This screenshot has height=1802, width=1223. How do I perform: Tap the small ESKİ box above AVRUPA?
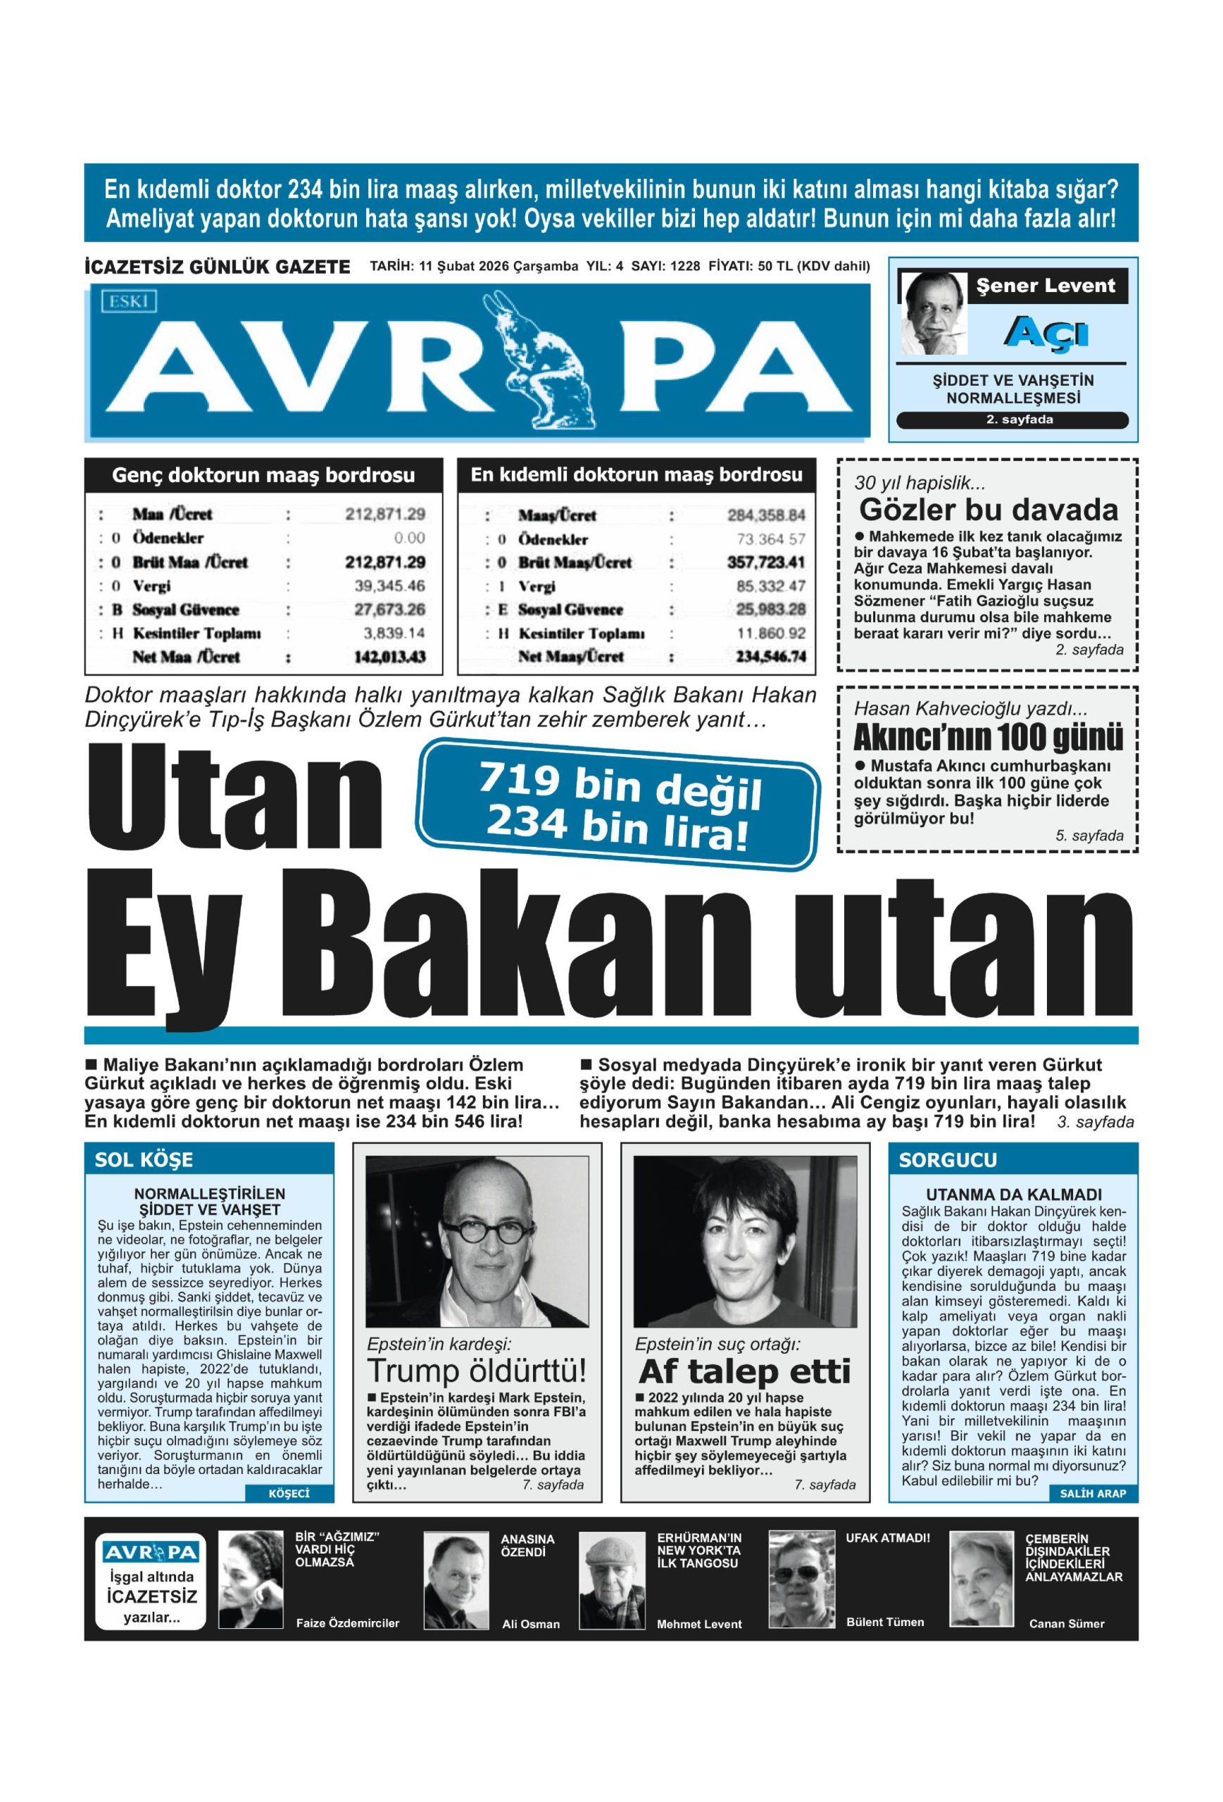point(129,299)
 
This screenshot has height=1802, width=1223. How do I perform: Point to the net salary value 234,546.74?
point(766,657)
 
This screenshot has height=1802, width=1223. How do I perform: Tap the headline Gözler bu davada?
point(989,510)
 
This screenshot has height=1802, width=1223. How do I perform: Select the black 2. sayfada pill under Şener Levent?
point(1011,420)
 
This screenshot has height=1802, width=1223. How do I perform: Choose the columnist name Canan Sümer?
point(1067,1623)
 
